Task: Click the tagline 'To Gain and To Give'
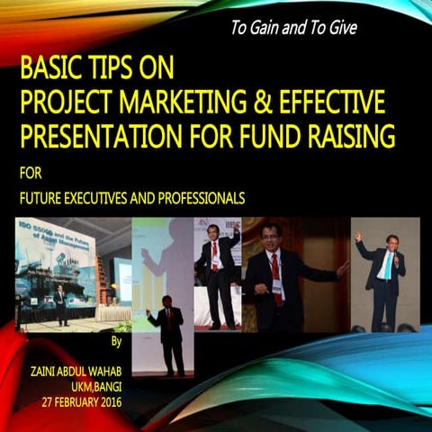293,28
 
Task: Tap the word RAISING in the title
346,138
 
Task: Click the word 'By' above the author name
114,343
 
